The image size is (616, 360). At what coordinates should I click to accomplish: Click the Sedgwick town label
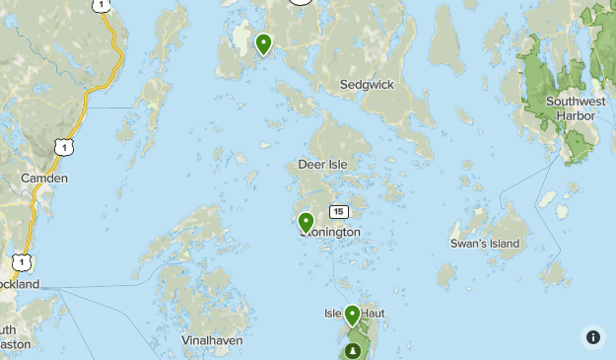367,85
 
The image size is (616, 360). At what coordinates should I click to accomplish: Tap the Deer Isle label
323,165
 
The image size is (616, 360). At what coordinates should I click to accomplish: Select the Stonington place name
331,233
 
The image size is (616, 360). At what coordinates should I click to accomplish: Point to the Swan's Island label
484,244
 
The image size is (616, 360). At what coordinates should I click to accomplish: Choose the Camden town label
44,179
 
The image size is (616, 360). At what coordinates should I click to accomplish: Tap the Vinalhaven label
211,340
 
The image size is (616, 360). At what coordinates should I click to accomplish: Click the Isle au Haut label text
354,314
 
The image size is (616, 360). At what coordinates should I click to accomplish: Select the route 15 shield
339,212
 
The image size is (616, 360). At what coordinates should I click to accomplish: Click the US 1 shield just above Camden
64,147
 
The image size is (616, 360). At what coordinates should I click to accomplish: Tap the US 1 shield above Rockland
21,262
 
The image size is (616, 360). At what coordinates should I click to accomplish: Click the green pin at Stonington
307,223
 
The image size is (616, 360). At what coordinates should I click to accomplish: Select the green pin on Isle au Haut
352,316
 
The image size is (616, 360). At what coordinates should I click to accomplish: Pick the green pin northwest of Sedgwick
263,43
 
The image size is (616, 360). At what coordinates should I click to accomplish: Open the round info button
592,336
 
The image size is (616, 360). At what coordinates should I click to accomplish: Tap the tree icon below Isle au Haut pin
353,351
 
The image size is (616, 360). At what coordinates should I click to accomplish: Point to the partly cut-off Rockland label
19,284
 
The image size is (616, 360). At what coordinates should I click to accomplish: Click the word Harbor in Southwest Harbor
575,115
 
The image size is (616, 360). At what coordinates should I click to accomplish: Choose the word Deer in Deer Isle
311,165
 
